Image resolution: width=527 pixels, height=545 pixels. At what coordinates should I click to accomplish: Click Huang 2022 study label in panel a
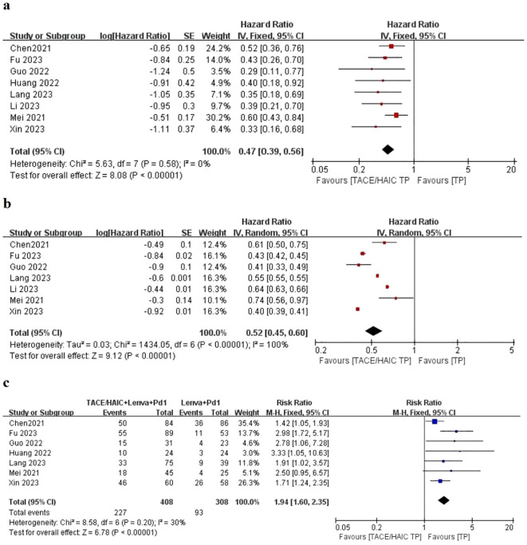click(31, 81)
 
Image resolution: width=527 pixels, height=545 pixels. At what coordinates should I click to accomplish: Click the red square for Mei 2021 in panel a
click(395, 115)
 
